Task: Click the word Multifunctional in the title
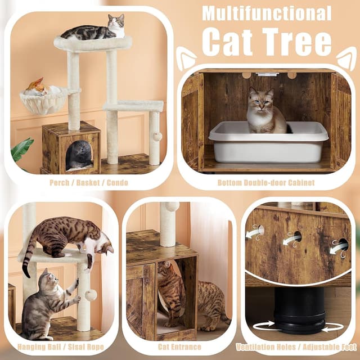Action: pyautogui.click(x=267, y=13)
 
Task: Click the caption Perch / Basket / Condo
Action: pyautogui.click(x=89, y=183)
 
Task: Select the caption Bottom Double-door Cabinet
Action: pyautogui.click(x=266, y=183)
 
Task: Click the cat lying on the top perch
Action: pyautogui.click(x=96, y=29)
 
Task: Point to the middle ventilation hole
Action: pyautogui.click(x=292, y=238)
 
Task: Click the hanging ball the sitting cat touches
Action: pyautogui.click(x=91, y=295)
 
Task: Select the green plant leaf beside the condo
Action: pyautogui.click(x=21, y=150)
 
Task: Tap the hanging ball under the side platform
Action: pyautogui.click(x=157, y=137)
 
